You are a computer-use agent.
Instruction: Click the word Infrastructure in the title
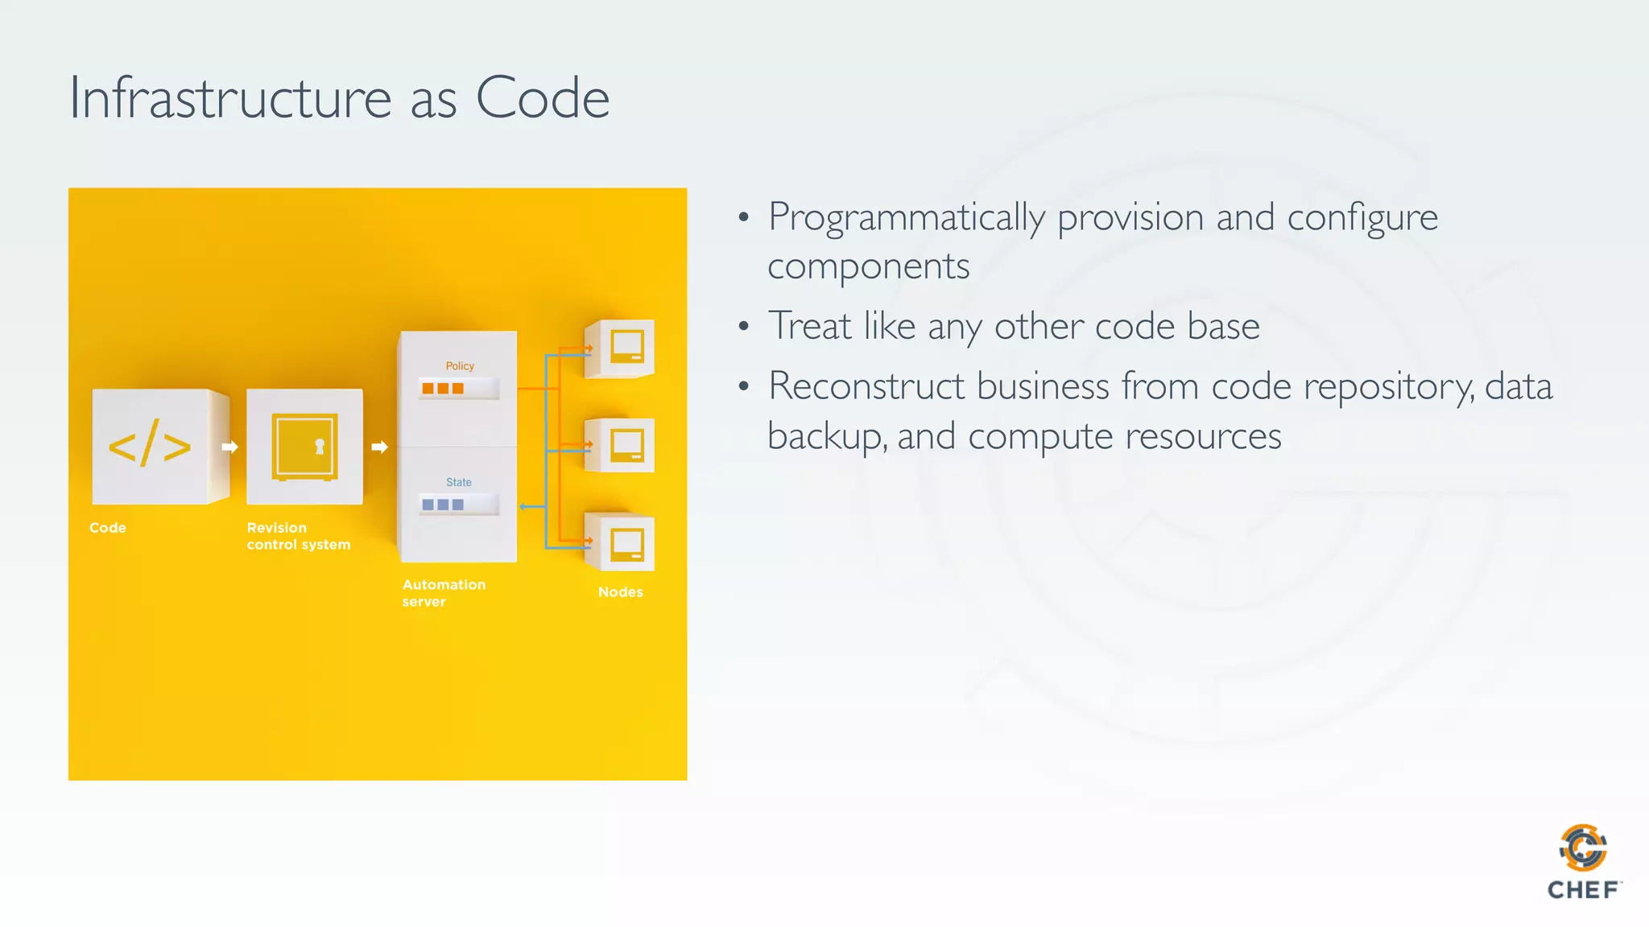230,98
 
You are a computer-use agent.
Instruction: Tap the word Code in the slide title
542,98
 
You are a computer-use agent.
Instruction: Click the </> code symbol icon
150,446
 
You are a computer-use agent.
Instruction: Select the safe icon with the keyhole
304,447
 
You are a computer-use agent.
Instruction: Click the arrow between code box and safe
229,447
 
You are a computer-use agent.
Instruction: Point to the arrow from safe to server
379,447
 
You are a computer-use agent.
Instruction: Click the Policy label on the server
460,366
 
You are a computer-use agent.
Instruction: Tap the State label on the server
459,482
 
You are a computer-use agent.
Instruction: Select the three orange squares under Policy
443,389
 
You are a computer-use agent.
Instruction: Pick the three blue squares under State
443,505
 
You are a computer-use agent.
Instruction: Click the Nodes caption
620,592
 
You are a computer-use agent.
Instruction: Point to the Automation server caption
444,593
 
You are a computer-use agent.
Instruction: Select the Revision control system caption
298,536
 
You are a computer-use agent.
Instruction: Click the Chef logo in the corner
1583,862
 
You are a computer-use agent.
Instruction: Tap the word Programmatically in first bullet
907,218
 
